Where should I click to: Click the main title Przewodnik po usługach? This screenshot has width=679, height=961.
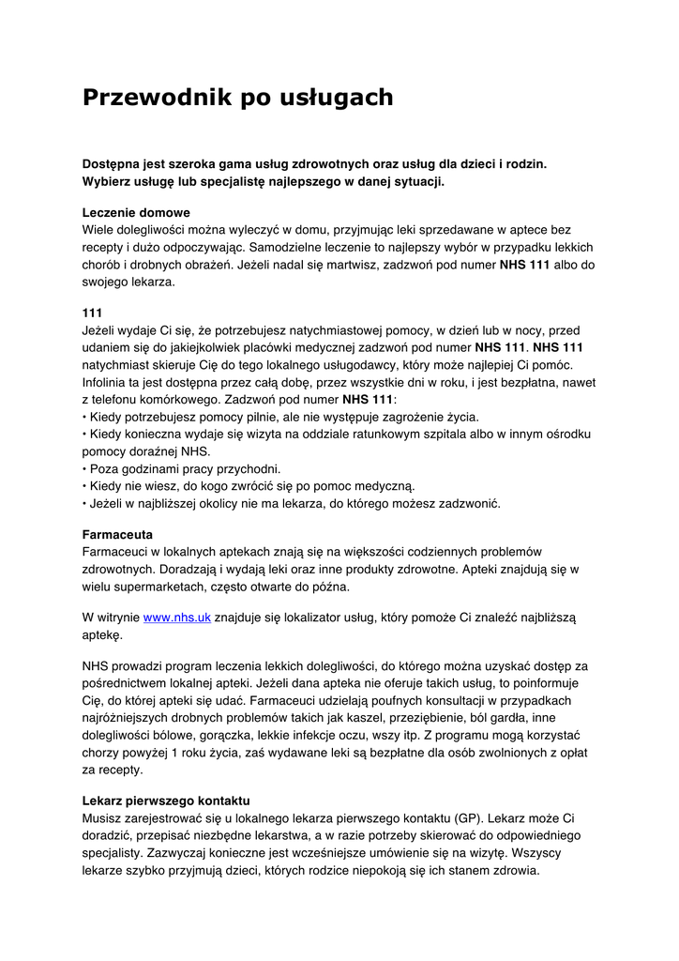pos(238,98)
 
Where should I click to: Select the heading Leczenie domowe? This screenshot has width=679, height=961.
pos(136,212)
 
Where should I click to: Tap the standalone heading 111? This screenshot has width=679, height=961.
pos(93,313)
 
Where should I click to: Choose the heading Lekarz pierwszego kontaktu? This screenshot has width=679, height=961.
pos(166,801)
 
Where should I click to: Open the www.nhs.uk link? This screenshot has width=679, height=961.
pos(176,618)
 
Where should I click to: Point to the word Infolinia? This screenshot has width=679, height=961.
pos(107,383)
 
